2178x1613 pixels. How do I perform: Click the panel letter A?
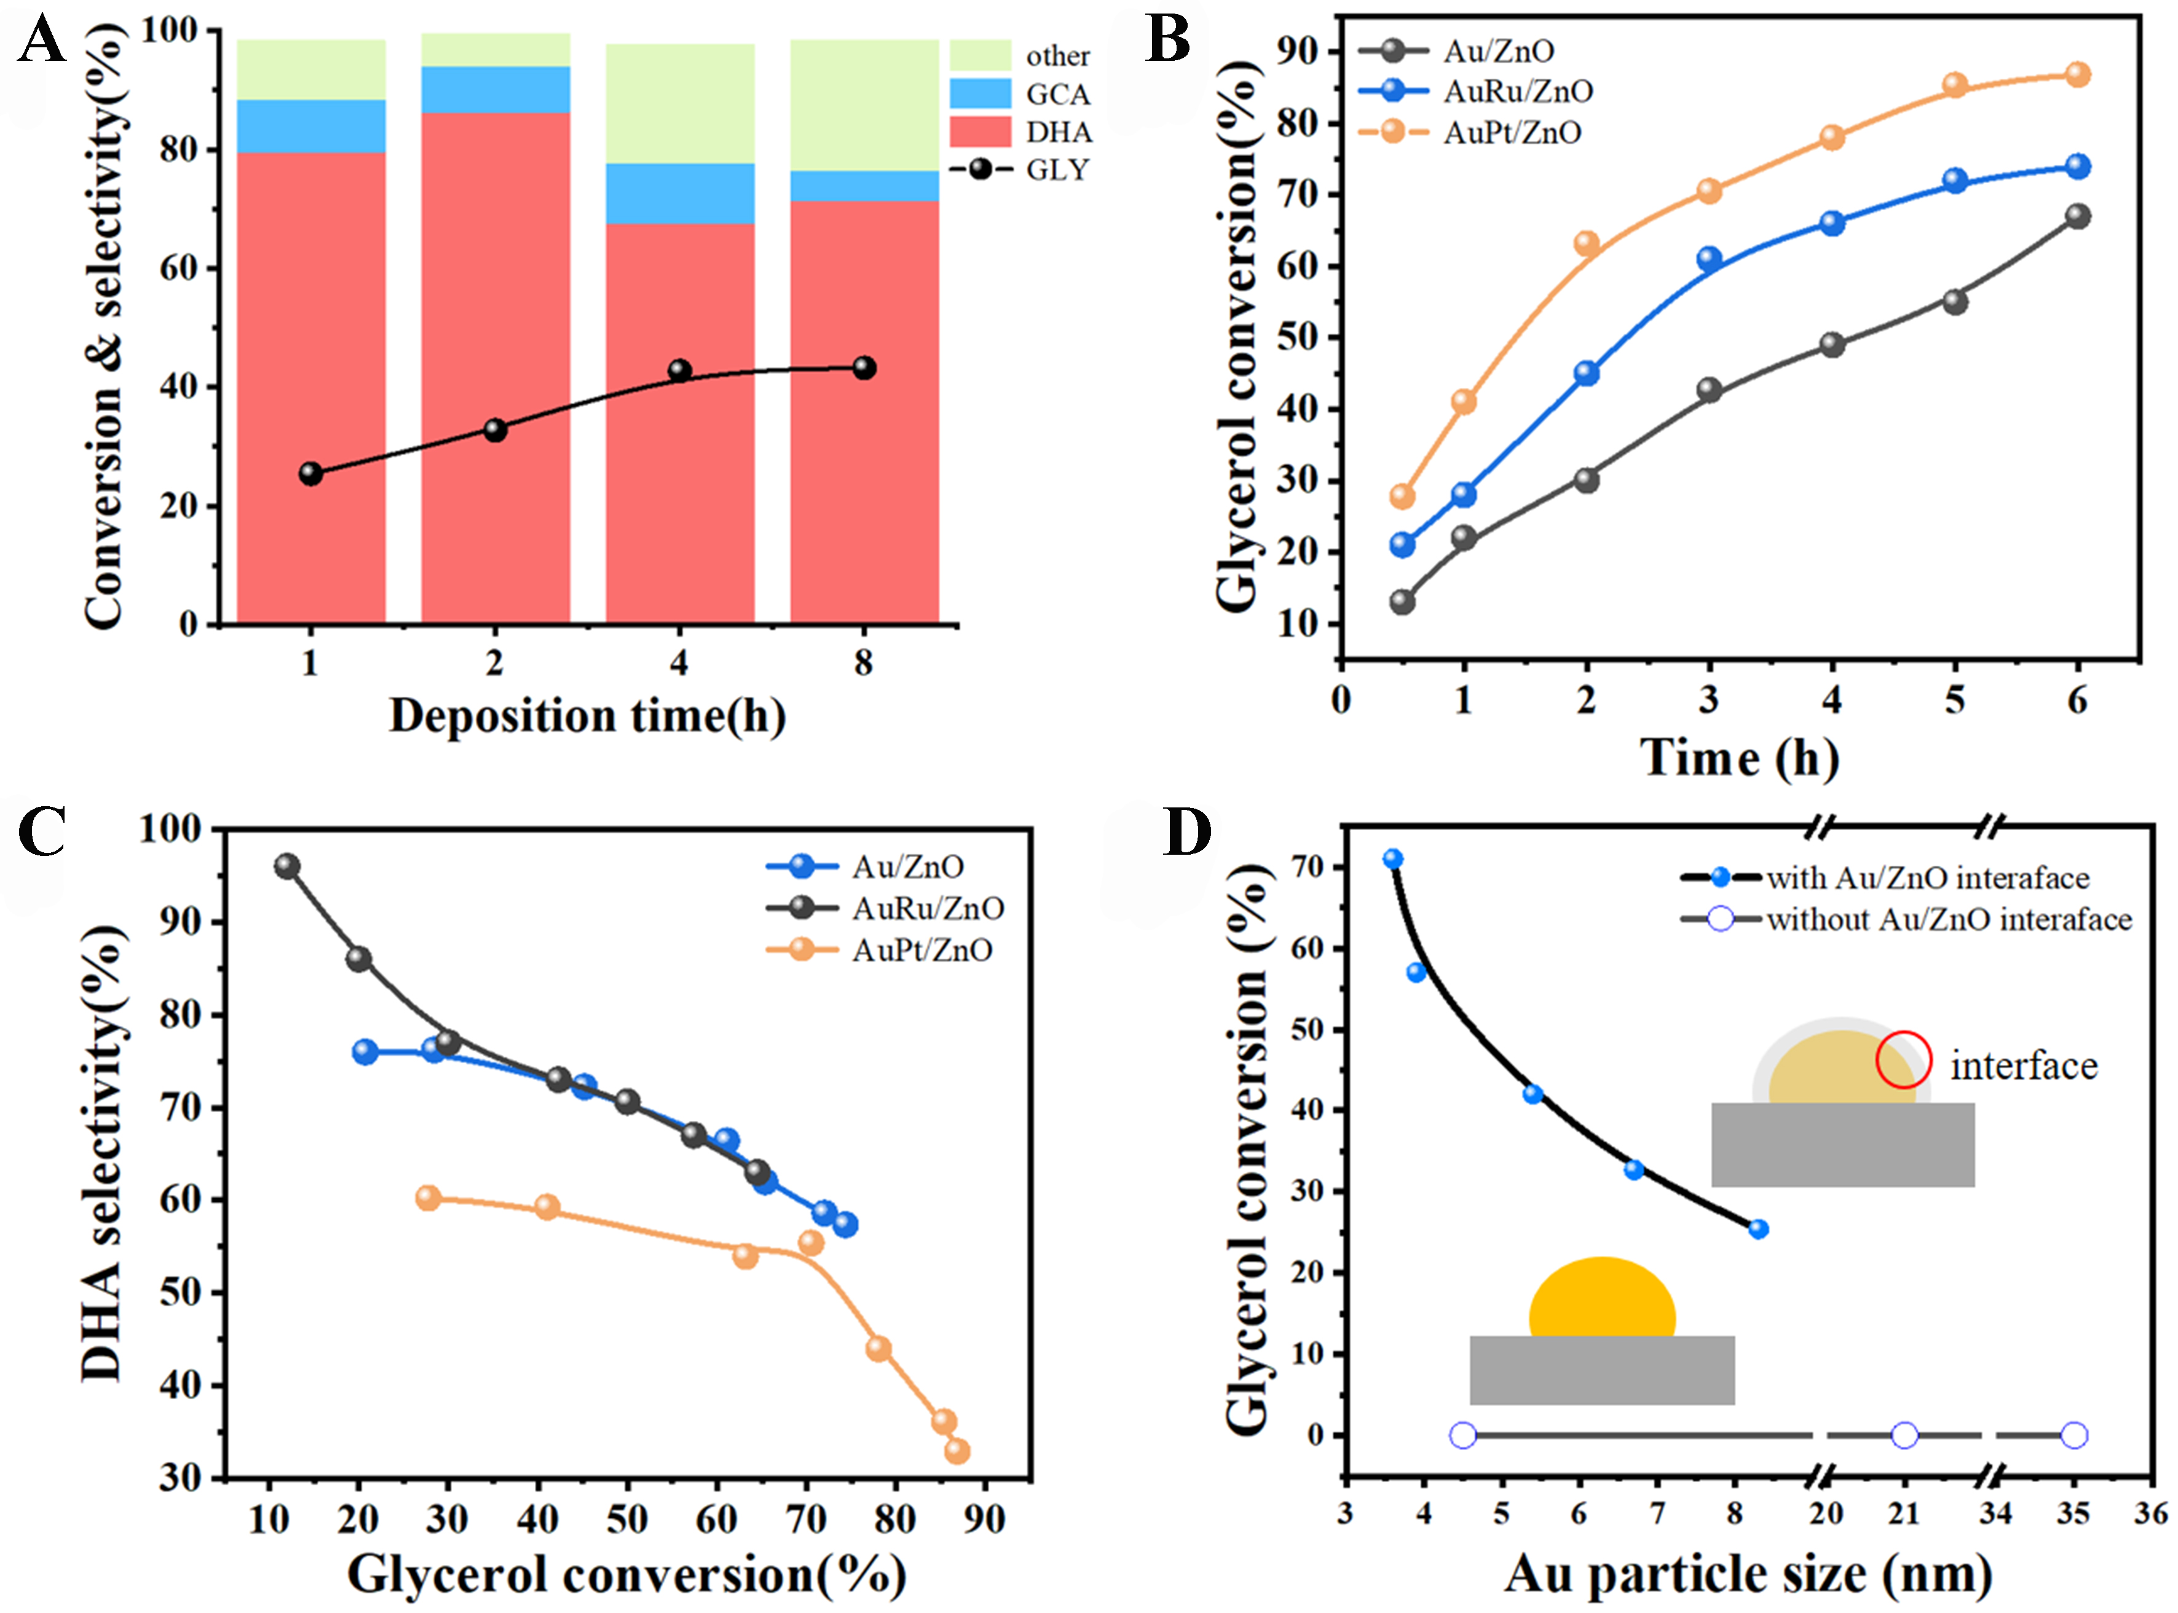tap(41, 41)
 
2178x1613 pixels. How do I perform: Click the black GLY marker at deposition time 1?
tap(310, 474)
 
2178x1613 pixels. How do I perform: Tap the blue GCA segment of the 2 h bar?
tap(495, 90)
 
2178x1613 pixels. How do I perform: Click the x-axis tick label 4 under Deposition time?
tap(679, 664)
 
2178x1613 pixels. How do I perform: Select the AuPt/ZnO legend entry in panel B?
tap(1511, 133)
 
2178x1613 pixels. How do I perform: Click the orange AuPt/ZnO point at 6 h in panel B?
tap(2077, 75)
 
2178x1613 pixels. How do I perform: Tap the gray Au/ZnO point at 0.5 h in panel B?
tap(1402, 602)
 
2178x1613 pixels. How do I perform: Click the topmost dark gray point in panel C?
tap(286, 866)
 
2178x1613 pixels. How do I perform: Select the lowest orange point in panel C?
tap(957, 1451)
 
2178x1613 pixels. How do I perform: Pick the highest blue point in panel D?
tap(1393, 859)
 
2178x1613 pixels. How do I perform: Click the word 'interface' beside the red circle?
tap(2024, 1066)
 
